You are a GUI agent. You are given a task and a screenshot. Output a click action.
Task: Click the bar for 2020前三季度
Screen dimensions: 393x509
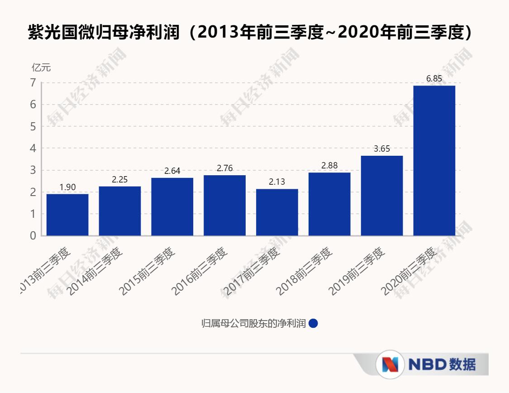click(434, 160)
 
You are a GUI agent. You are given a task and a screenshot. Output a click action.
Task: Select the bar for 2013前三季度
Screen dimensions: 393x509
click(67, 215)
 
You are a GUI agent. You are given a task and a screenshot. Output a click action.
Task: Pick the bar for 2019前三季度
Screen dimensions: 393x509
click(382, 196)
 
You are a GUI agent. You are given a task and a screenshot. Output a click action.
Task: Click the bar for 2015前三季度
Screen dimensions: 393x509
click(172, 206)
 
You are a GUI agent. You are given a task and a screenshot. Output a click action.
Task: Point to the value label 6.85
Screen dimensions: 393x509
click(434, 79)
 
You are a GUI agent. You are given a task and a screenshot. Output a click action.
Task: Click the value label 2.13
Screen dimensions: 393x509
click(277, 182)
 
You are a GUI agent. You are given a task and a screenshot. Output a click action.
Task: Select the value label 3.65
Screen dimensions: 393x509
click(382, 149)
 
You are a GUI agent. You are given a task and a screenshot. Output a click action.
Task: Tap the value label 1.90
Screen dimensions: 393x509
click(67, 187)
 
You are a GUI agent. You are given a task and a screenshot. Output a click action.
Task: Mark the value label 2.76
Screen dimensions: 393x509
click(224, 168)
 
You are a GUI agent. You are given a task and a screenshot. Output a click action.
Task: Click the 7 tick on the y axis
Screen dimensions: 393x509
click(33, 83)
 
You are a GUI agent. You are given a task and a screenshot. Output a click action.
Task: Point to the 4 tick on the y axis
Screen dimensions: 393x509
click(33, 149)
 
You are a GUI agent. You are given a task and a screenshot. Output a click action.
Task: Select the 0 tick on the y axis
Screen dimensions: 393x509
click(33, 236)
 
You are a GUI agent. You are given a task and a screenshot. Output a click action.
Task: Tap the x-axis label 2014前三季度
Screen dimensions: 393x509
click(95, 271)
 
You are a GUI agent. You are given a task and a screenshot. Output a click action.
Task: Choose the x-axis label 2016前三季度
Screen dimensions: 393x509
click(200, 271)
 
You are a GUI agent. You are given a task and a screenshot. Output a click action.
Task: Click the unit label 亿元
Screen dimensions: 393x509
click(41, 68)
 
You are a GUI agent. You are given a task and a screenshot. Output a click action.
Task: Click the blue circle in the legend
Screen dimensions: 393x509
click(314, 323)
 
